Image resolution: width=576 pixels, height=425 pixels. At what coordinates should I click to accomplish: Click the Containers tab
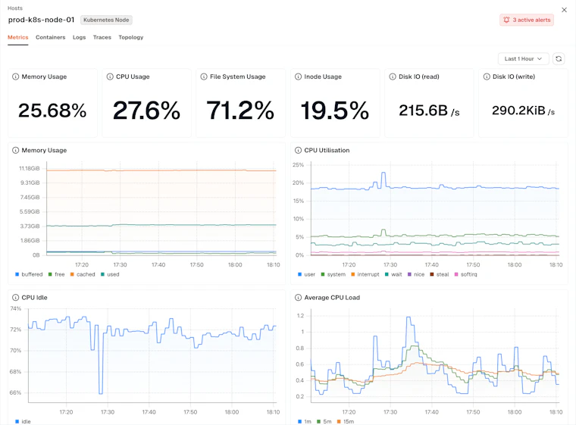pos(50,37)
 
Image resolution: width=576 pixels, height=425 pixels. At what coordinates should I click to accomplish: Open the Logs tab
pos(79,37)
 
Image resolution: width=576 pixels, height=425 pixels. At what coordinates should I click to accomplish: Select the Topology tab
pos(131,37)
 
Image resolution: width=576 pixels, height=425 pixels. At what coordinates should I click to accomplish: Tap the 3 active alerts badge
pos(527,20)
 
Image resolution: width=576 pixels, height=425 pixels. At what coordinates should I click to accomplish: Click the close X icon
pos(564,10)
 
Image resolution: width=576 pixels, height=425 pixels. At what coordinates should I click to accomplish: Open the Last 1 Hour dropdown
pos(523,59)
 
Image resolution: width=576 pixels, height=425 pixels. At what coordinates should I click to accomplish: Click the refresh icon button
pos(559,59)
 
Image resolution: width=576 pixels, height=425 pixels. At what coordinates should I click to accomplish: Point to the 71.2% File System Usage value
pos(240,110)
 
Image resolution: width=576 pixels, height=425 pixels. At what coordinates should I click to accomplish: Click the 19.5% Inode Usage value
pos(335,110)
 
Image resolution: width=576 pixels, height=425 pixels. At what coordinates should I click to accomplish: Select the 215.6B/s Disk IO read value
pos(429,110)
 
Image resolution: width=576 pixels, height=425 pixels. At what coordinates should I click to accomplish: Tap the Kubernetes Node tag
pos(106,20)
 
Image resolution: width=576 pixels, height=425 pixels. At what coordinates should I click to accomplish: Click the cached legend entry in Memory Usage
pos(83,274)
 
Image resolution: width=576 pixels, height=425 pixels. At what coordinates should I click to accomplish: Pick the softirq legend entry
pos(466,274)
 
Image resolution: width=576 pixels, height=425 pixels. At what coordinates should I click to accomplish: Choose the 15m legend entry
pos(346,421)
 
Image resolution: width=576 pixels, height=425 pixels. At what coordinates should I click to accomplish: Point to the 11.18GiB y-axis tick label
pos(30,168)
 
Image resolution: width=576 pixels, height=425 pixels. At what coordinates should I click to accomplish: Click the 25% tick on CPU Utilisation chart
pos(299,165)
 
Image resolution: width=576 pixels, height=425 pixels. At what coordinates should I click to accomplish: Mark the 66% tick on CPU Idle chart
pos(15,392)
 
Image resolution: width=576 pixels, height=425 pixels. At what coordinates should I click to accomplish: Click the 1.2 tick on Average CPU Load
pos(300,316)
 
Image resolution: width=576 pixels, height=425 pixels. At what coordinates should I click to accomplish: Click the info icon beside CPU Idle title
pos(15,298)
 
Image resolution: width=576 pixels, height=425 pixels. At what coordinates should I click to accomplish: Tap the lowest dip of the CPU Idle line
pos(101,393)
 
